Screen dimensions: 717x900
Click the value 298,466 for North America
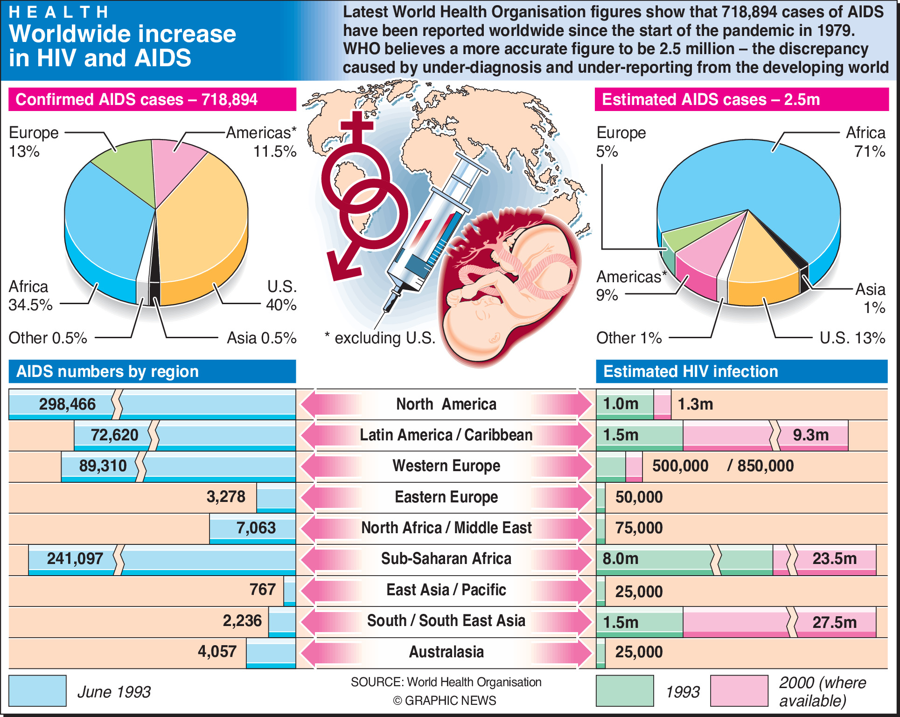click(67, 404)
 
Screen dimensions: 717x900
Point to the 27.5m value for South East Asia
click(834, 622)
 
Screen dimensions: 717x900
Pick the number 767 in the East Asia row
click(263, 590)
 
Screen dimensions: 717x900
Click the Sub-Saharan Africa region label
click(446, 559)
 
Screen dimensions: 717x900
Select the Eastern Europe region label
click(446, 497)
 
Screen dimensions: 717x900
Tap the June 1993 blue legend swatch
click(37, 691)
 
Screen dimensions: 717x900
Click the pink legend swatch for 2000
click(739, 691)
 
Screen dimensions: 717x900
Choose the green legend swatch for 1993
click(625, 691)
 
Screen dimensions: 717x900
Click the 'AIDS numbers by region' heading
click(107, 372)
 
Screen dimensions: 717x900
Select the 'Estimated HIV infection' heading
click(691, 372)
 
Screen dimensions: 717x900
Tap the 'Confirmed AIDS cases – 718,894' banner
click(136, 99)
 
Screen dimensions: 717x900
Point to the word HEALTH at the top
click(59, 12)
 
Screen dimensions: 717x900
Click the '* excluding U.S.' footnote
click(380, 338)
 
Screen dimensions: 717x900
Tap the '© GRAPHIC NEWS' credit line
click(444, 701)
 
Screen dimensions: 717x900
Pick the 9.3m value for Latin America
click(810, 435)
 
